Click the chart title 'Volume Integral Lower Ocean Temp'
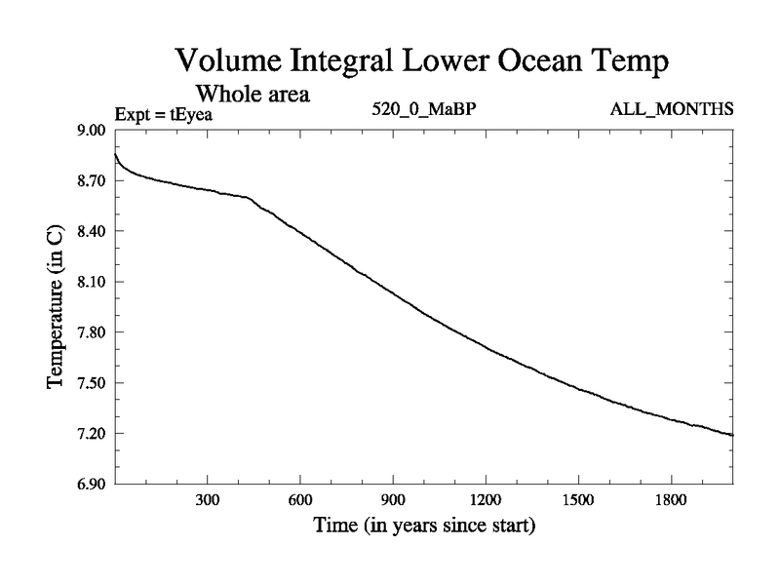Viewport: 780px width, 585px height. pyautogui.click(x=422, y=61)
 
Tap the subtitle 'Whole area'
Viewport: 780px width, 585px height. pyautogui.click(x=253, y=95)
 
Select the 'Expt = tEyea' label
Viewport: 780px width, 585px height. pyautogui.click(x=164, y=114)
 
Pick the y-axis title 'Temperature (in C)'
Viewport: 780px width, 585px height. pyautogui.click(x=57, y=306)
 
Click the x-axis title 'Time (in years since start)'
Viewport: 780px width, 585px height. pyautogui.click(x=424, y=526)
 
